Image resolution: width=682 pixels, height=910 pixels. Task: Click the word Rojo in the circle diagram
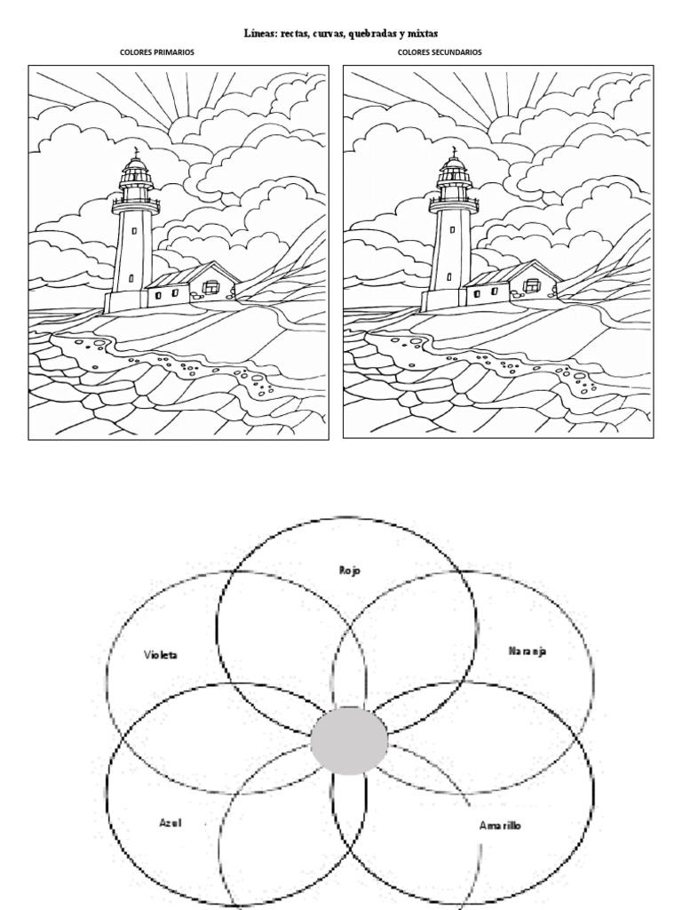(350, 571)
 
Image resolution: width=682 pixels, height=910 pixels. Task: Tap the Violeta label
(161, 655)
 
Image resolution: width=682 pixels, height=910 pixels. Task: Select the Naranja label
(527, 651)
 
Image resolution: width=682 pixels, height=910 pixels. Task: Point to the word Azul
(170, 823)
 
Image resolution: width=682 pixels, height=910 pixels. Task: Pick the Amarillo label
(500, 826)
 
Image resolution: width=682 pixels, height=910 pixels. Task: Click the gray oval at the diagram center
(349, 740)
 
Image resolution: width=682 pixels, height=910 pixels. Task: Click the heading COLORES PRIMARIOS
(157, 52)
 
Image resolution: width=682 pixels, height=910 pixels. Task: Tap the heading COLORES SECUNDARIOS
(440, 52)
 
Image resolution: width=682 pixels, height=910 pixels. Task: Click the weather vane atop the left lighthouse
(136, 153)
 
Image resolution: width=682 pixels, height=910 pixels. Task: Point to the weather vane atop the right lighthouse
(454, 153)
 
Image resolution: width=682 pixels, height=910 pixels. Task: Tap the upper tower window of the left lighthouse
(135, 230)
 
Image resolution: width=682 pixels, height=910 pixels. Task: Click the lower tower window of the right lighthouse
(448, 278)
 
